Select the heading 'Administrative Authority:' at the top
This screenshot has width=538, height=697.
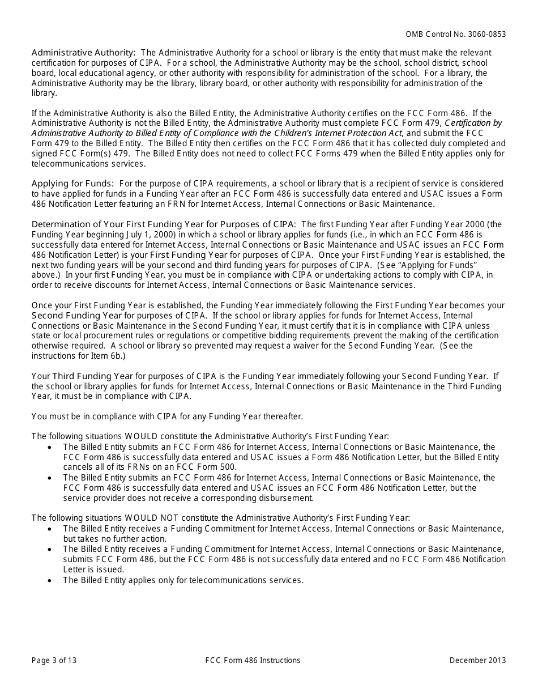click(x=83, y=52)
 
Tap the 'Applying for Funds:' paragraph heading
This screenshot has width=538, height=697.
click(x=72, y=184)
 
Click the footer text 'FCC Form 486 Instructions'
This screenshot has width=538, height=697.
click(x=253, y=660)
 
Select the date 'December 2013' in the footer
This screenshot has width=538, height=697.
click(x=477, y=660)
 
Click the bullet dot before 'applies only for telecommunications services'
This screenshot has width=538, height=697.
click(x=51, y=580)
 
